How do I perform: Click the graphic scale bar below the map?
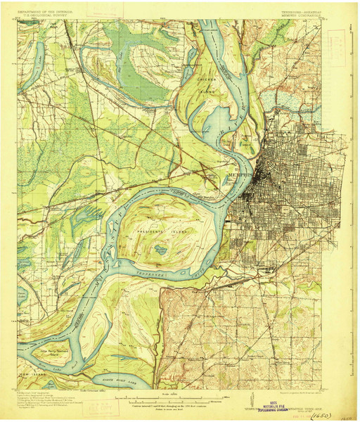pyautogui.click(x=163, y=399)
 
